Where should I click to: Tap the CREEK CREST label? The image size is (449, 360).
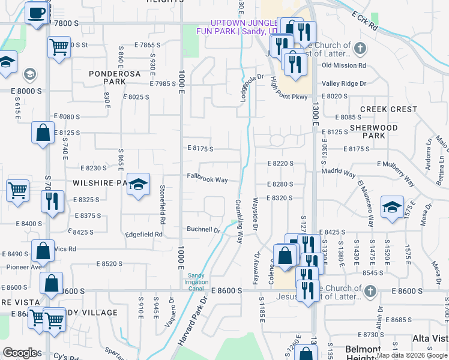tap(388, 109)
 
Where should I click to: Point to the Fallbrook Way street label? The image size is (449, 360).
tap(206, 179)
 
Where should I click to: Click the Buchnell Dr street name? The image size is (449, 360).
tap(203, 229)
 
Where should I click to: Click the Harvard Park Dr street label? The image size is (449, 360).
tap(191, 320)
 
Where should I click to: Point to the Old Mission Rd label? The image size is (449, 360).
tap(343, 65)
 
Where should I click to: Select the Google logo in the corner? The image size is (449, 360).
tap(20, 353)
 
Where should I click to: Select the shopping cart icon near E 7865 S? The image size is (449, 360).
tap(59, 46)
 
